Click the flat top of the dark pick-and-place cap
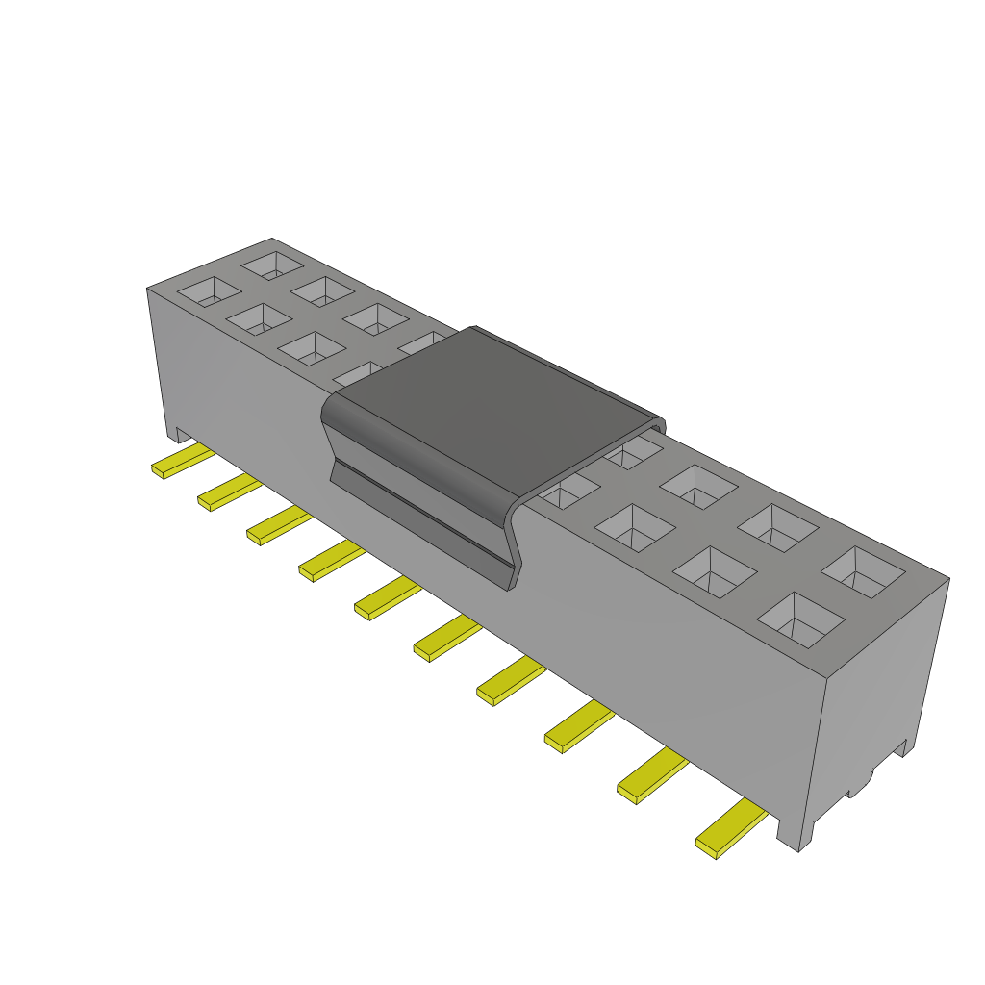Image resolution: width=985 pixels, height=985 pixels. pyautogui.click(x=491, y=404)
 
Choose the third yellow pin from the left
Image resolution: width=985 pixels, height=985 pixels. pyautogui.click(x=278, y=526)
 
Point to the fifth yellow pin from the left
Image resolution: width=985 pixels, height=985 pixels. pyautogui.click(x=387, y=598)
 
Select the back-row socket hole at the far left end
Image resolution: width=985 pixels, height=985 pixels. pyautogui.click(x=272, y=265)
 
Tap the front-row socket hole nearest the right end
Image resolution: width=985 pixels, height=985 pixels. pyautogui.click(x=800, y=618)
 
